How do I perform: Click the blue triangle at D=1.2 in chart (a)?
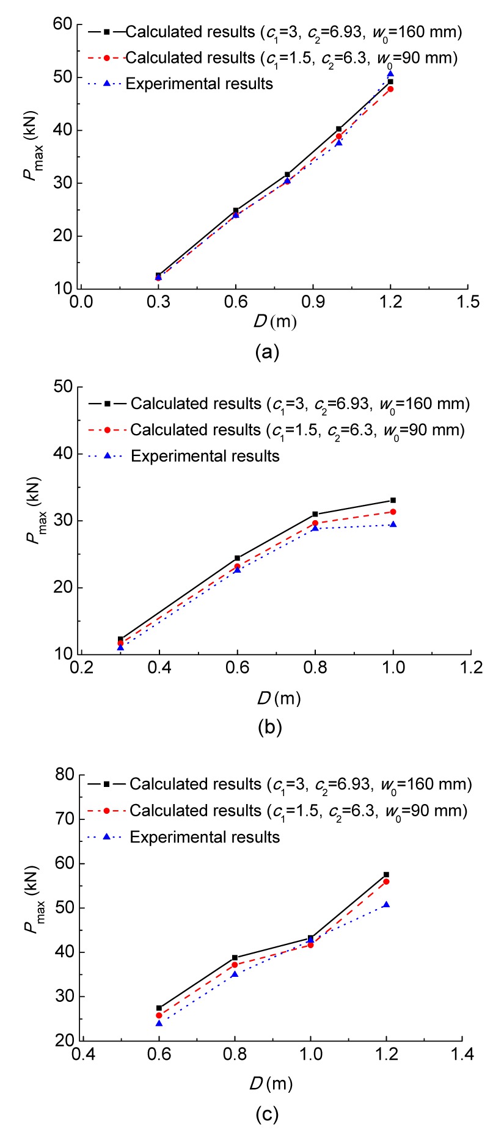[390, 74]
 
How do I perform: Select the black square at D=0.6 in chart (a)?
[236, 211]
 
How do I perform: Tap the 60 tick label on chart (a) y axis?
[65, 25]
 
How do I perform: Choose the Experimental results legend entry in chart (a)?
[199, 84]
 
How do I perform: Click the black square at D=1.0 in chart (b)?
[393, 500]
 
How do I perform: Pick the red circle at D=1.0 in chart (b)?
[393, 512]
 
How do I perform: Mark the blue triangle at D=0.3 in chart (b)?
[120, 647]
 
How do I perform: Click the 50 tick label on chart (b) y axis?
[65, 387]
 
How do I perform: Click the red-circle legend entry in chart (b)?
[297, 430]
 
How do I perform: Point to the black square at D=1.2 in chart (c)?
[386, 874]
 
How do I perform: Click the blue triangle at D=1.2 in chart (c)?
[386, 904]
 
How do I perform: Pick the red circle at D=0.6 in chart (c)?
[159, 1015]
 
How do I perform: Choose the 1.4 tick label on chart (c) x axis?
[462, 1054]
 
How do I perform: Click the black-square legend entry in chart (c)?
[300, 784]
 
